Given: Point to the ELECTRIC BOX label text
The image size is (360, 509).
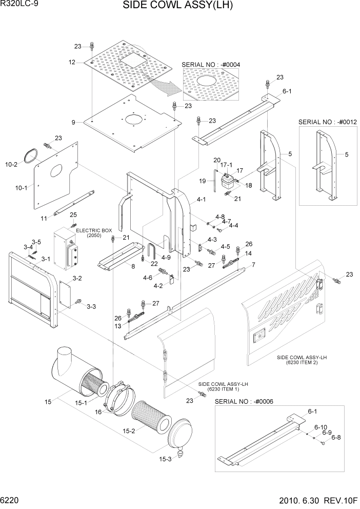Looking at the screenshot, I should pos(94,231).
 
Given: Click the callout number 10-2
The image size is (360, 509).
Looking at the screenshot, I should pos(11,164).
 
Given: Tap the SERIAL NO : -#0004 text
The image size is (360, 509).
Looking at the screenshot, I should pos(211,64).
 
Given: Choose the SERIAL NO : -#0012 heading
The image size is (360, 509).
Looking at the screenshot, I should pos(327,122).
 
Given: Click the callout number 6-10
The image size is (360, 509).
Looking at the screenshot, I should pos(321,427).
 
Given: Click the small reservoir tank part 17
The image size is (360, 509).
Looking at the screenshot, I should pos(226,182).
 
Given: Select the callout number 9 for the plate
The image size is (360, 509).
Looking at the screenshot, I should pos(73,122).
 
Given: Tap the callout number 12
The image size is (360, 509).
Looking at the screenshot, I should pos(72,62).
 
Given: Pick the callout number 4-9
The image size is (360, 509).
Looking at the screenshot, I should pos(166,257).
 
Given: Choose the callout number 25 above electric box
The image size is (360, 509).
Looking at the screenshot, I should pos(73,214).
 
